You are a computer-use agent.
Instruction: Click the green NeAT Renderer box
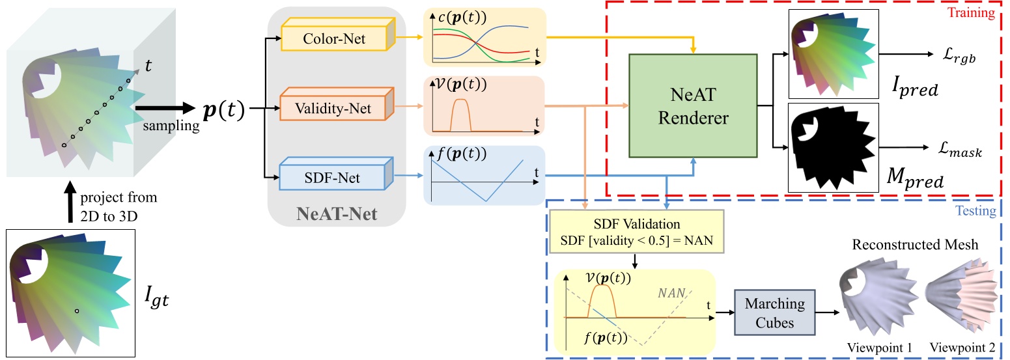coord(692,105)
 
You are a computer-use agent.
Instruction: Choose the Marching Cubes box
coord(775,312)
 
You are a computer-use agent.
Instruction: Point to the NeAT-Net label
coord(337,212)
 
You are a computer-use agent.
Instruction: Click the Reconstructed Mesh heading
coord(914,247)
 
